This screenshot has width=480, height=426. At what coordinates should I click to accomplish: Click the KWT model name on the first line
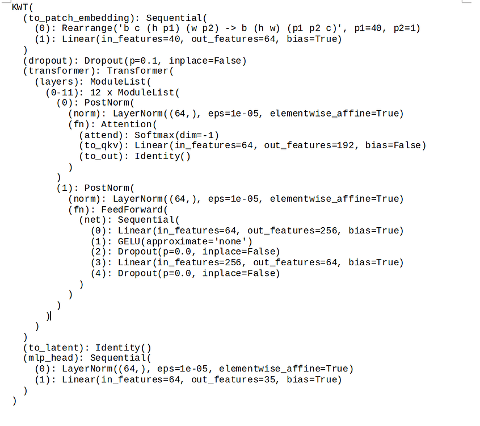point(20,7)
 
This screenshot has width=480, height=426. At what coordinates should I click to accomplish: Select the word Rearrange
point(87,28)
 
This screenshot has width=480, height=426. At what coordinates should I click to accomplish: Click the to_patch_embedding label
point(78,18)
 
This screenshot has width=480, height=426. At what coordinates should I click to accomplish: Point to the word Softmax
point(154,135)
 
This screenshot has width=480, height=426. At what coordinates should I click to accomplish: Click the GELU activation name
point(129,241)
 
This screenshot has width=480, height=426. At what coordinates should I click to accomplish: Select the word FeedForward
point(132,210)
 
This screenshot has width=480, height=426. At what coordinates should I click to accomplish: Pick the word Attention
point(126,124)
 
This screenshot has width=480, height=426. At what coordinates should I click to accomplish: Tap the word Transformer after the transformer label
point(137,71)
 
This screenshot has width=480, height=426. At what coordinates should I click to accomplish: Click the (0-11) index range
point(64,93)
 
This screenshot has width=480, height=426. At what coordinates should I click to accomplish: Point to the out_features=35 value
point(234,380)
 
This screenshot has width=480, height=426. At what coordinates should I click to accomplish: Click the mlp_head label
point(50,358)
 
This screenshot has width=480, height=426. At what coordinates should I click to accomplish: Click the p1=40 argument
point(368,28)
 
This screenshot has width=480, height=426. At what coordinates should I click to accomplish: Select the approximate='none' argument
point(196,241)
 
